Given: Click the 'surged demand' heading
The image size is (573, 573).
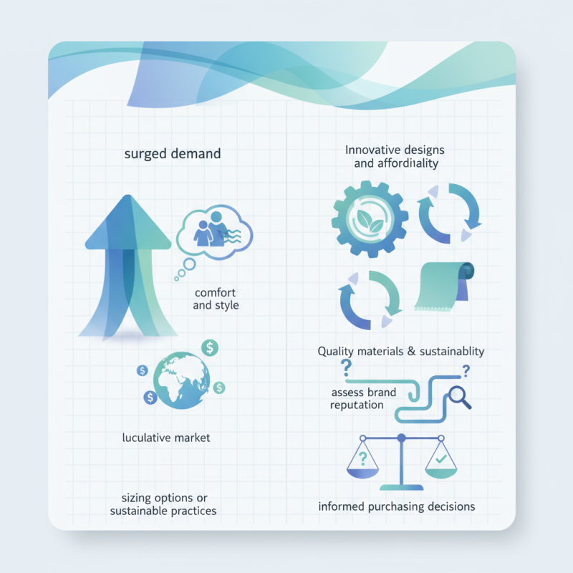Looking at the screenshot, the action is click(x=173, y=154).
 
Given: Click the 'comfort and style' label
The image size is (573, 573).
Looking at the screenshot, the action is click(x=216, y=299).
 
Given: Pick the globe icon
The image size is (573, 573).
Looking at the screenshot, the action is click(x=182, y=380).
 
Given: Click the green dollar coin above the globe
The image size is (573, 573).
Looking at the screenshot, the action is click(x=210, y=348).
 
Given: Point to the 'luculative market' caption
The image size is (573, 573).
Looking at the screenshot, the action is click(x=166, y=438).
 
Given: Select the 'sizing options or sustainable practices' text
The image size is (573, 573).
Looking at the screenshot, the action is click(x=163, y=504).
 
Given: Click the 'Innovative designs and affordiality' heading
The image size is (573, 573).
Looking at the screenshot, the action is click(x=395, y=156).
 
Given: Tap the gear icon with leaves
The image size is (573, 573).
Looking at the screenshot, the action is click(x=370, y=219).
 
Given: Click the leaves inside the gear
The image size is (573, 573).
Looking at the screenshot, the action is click(x=370, y=221).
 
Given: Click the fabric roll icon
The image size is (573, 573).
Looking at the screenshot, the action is click(x=444, y=286).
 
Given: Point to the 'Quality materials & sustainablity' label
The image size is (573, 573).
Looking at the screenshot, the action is click(x=401, y=352).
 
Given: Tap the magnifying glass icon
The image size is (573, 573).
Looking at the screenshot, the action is click(x=459, y=398).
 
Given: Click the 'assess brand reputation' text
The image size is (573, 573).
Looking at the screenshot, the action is click(x=363, y=399).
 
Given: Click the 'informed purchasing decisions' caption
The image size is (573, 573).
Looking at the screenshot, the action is click(x=397, y=507).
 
